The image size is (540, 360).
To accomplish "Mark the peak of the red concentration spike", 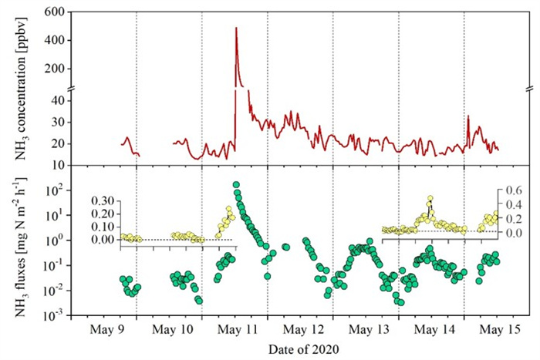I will [236, 28].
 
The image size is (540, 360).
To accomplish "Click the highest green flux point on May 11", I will [236, 185].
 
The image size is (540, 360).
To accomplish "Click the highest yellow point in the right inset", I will [430, 199].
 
